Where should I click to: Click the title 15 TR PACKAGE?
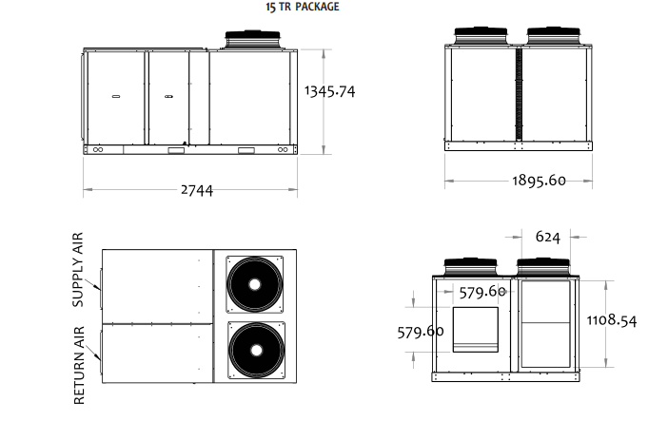click(x=303, y=7)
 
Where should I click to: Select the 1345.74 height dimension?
click(x=330, y=91)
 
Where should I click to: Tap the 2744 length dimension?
click(x=197, y=190)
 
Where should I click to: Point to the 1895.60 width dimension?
click(x=539, y=181)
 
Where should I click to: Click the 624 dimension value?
click(x=547, y=237)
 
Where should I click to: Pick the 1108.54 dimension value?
click(x=612, y=320)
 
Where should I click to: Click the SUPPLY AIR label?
click(x=78, y=270)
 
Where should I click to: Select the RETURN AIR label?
click(x=79, y=365)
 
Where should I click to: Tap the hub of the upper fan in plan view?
click(x=254, y=284)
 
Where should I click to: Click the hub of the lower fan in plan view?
click(x=256, y=351)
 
